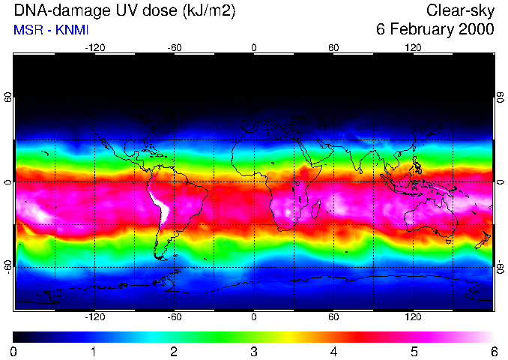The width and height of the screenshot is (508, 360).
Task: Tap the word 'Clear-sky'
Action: click(x=461, y=11)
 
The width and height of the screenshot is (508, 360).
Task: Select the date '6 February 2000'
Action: click(x=435, y=30)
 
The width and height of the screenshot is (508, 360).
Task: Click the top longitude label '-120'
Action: click(x=94, y=48)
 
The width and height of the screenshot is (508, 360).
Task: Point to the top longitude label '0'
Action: click(x=254, y=48)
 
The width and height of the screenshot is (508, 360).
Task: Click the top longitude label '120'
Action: click(x=413, y=48)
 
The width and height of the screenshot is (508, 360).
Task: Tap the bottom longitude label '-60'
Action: click(x=174, y=316)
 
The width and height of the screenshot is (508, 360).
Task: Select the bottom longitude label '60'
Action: click(x=333, y=316)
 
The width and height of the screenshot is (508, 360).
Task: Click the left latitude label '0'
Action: click(x=8, y=182)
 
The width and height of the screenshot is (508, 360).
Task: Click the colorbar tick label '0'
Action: click(x=14, y=351)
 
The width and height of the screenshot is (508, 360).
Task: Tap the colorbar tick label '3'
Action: click(x=254, y=351)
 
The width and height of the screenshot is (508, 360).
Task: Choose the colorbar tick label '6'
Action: click(x=494, y=351)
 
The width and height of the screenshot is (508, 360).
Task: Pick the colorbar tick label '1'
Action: click(x=94, y=351)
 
